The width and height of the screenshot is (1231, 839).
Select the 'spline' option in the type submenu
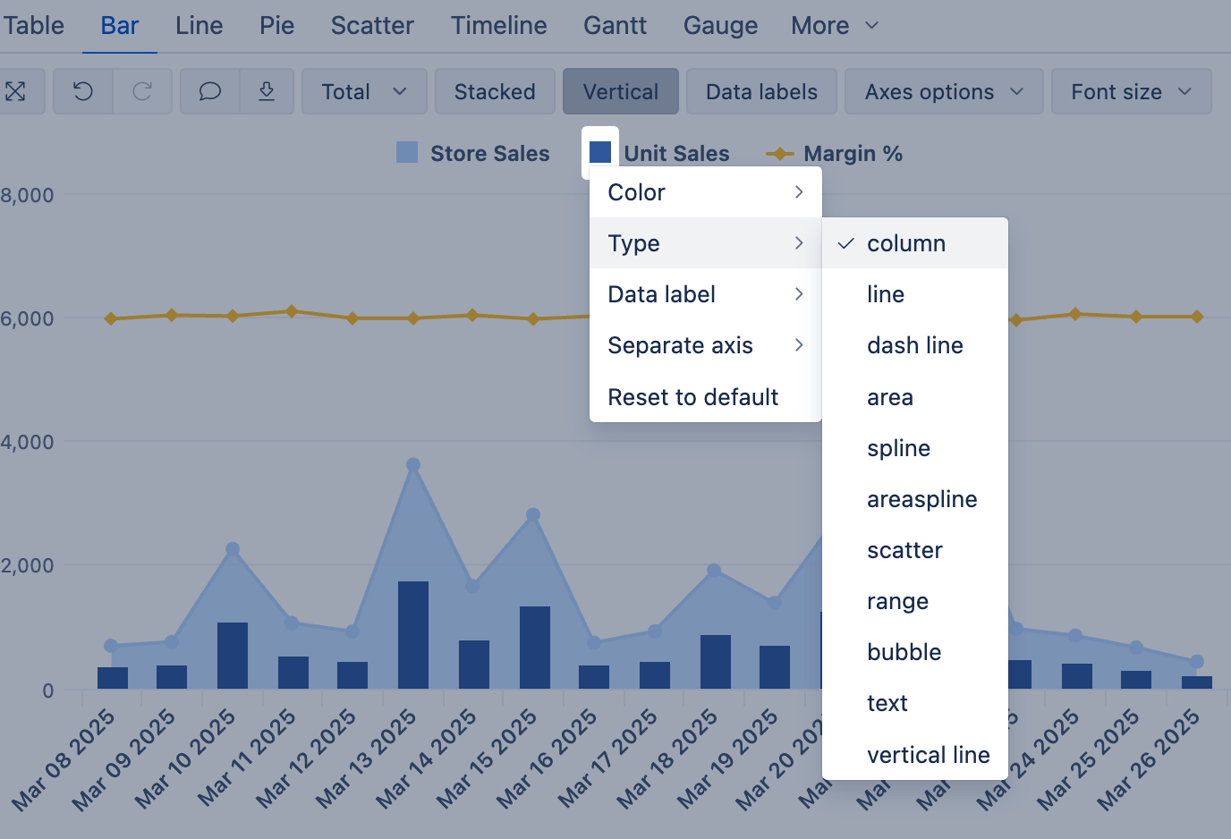[898, 448]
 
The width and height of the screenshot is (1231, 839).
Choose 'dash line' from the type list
[914, 345]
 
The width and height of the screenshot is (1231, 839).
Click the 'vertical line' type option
[928, 755]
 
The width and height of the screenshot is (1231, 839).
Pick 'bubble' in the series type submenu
[904, 652]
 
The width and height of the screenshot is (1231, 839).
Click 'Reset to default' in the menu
[693, 397]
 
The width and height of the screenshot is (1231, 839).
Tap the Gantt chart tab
[615, 25]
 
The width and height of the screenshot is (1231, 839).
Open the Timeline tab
[498, 25]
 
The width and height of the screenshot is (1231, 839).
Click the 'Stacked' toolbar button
[495, 91]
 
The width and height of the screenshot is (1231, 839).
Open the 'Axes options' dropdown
[943, 91]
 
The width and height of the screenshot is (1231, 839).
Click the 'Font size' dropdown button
[1131, 91]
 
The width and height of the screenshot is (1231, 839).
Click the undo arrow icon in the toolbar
[83, 91]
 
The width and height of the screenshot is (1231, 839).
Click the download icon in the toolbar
[267, 91]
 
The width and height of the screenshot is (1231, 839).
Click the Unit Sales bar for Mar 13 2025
[413, 635]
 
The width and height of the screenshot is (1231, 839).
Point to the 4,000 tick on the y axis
[28, 442]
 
